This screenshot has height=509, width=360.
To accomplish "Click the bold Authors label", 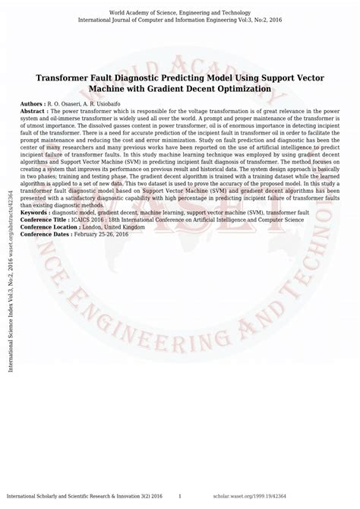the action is pyautogui.click(x=33, y=102).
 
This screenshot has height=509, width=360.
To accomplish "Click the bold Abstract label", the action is pyautogui.click(x=34, y=110).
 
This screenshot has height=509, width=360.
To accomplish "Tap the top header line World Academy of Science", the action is pyautogui.click(x=180, y=14).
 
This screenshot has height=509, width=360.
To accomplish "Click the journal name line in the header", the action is pyautogui.click(x=180, y=21).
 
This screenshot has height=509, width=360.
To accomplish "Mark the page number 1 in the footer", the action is pyautogui.click(x=179, y=495).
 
